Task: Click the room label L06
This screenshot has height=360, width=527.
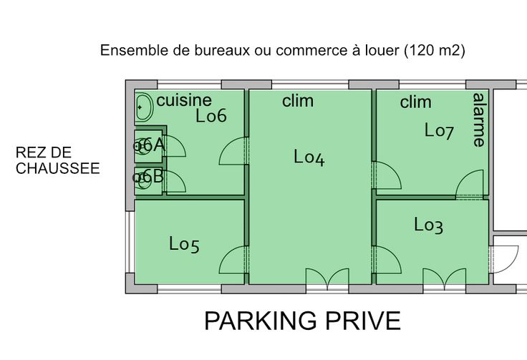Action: pyautogui.click(x=211, y=116)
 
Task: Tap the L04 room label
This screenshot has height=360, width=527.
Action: pyautogui.click(x=309, y=157)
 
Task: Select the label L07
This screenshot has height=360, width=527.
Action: pyautogui.click(x=439, y=131)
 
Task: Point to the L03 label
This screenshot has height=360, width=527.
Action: pyautogui.click(x=428, y=225)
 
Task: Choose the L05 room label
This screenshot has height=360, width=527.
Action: pyautogui.click(x=184, y=244)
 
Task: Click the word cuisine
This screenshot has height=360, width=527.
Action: pyautogui.click(x=184, y=100)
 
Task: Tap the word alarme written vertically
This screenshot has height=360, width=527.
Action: pyautogui.click(x=479, y=120)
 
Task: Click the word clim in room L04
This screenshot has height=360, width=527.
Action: pyautogui.click(x=298, y=101)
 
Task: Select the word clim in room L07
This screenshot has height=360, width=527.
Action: pyautogui.click(x=416, y=102)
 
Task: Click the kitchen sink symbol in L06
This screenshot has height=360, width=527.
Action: pyautogui.click(x=144, y=107)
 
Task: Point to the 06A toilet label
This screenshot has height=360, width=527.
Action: pyautogui.click(x=149, y=145)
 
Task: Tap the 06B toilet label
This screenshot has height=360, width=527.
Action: pyautogui.click(x=148, y=176)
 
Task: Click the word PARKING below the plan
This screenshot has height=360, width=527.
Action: pyautogui.click(x=261, y=321)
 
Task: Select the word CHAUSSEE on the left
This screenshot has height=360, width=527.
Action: pyautogui.click(x=58, y=168)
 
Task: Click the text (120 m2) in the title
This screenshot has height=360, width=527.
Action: pyautogui.click(x=435, y=50)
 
